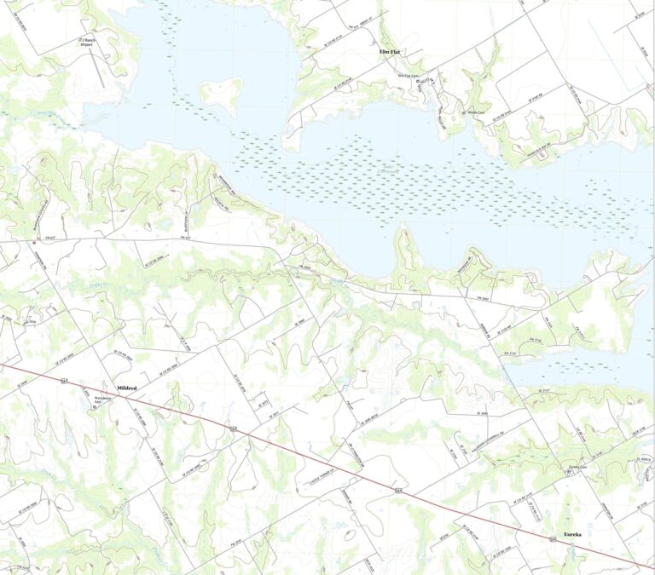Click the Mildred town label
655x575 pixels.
tap(126, 387)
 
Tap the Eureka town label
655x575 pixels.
tap(568, 535)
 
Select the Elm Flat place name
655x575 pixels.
tap(390, 52)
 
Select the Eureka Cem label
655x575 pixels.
tap(580, 468)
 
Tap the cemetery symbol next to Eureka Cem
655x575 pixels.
tap(570, 473)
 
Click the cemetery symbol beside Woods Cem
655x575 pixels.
tap(461, 111)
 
